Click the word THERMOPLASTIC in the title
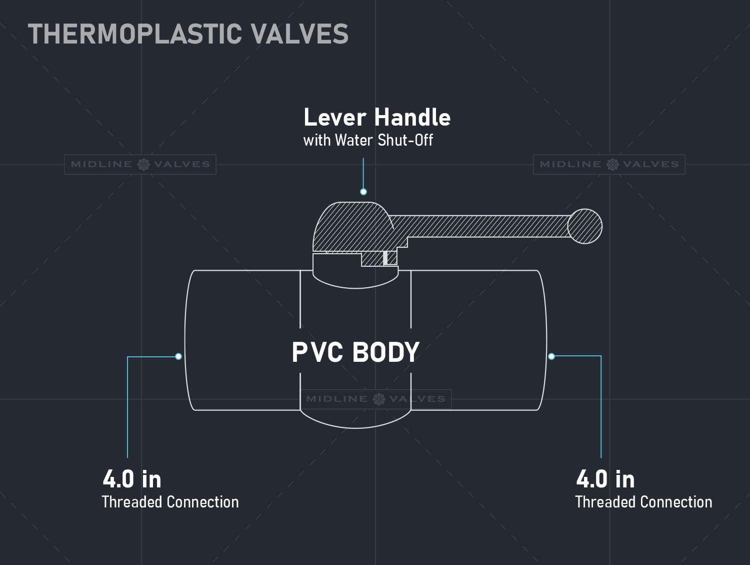pos(135,34)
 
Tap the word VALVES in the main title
pos(299,34)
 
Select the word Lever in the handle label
pos(335,117)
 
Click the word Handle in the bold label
pos(412,117)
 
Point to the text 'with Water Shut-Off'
pos(368,140)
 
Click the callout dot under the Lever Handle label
pos(363,192)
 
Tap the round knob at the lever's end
pos(584,226)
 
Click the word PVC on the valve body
pos(317,352)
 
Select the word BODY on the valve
pos(386,352)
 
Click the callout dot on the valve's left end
pos(178,356)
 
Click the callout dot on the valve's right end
pos(551,356)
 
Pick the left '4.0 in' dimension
pos(132,479)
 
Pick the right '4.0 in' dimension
pos(605,479)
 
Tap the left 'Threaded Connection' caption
pos(170,502)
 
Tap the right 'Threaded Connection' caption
pos(643,502)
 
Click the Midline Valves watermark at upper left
pos(140,165)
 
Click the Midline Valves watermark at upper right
pos(609,165)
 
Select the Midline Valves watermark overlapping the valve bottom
pos(375,399)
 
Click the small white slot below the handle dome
pos(385,258)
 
